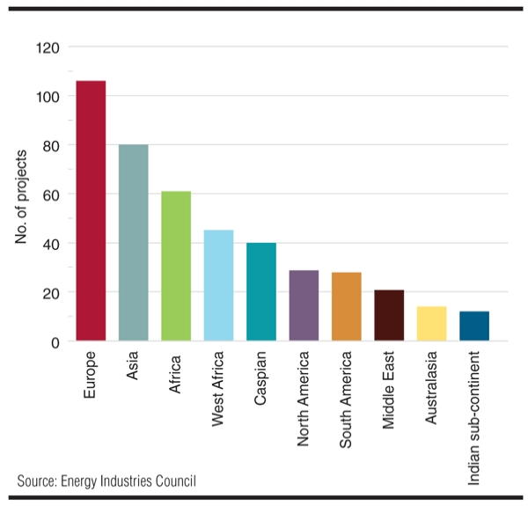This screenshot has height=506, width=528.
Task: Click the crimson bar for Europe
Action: [91, 210]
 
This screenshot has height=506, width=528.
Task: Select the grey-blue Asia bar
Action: [134, 243]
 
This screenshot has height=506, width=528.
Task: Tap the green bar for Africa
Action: [176, 266]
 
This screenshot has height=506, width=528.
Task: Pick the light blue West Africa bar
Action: [218, 285]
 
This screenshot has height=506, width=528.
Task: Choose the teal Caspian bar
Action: [261, 292]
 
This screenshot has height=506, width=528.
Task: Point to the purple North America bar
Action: [304, 305]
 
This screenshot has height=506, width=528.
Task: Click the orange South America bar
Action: [347, 307]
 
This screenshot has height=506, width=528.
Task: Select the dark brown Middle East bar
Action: [389, 315]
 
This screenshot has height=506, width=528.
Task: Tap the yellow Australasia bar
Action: [432, 324]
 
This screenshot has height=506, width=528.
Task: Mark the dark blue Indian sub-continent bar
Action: [474, 326]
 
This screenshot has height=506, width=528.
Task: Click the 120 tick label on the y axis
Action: [48, 48]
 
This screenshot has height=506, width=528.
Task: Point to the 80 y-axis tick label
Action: [51, 146]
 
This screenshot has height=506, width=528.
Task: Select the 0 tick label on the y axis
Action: [55, 343]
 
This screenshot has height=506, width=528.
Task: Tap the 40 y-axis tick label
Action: [51, 245]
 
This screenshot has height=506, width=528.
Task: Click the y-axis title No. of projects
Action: [21, 196]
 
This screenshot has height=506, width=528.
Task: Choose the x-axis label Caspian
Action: [261, 378]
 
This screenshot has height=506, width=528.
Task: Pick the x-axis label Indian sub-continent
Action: [473, 418]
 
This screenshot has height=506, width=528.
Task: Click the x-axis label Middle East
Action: [389, 390]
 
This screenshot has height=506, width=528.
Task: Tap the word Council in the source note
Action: [175, 480]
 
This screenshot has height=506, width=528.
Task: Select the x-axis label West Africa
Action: [218, 389]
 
